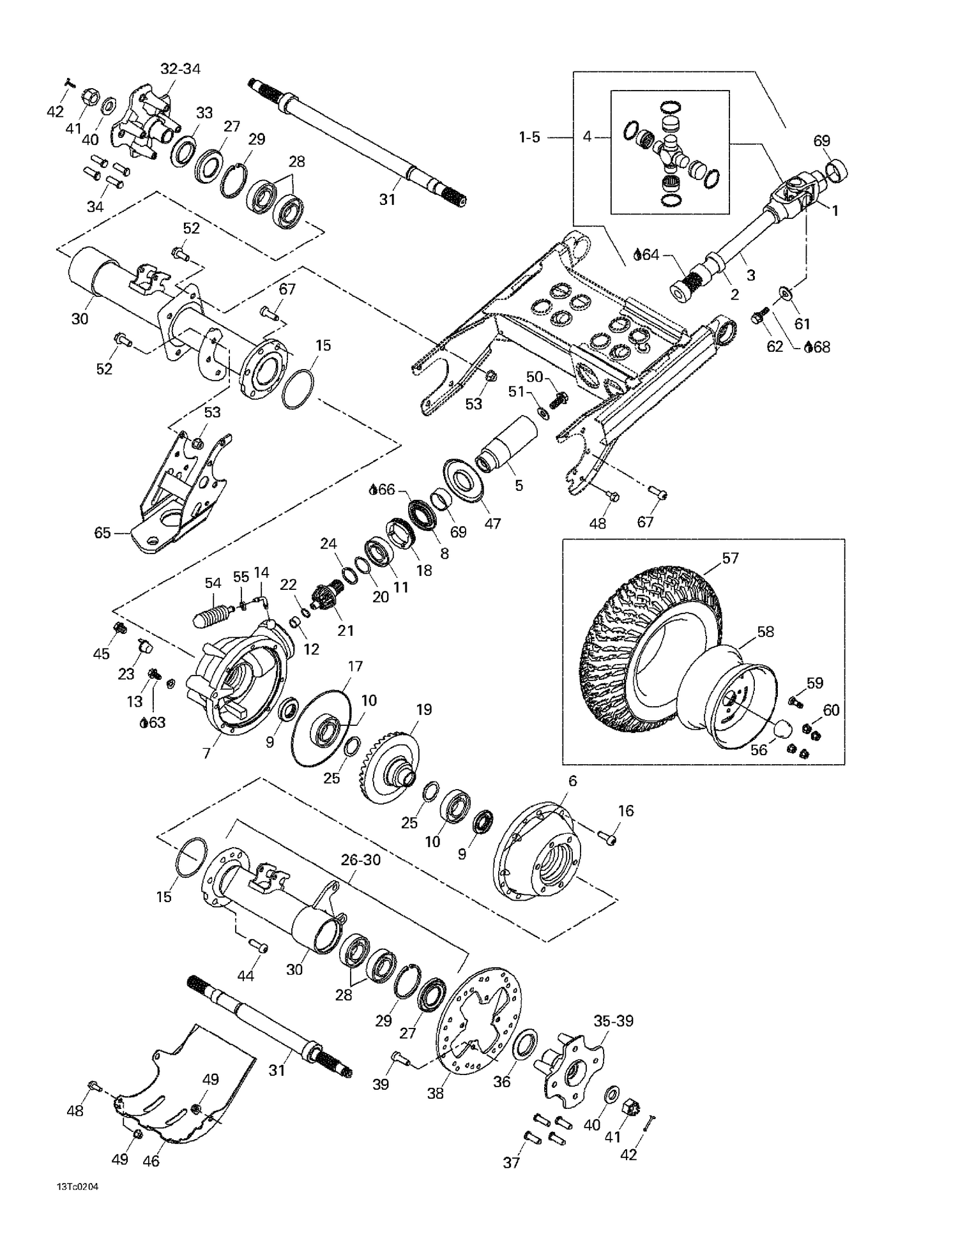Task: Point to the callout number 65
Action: tap(102, 533)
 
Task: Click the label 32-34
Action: tap(180, 69)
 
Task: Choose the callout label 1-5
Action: tap(529, 137)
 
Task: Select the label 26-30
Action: tap(360, 861)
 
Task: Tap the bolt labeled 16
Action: tap(608, 838)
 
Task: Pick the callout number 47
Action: tap(492, 524)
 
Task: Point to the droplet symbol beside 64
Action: tap(637, 255)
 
